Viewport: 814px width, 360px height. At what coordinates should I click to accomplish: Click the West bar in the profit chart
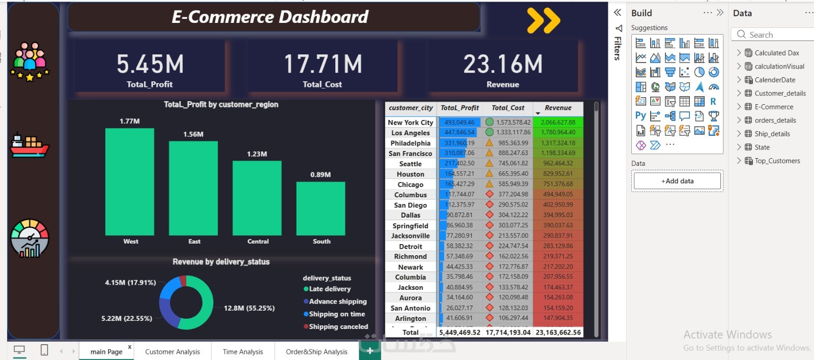(x=130, y=182)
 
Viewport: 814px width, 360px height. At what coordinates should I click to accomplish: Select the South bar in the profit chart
(x=321, y=208)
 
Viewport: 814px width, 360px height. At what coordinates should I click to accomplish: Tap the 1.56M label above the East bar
(x=193, y=134)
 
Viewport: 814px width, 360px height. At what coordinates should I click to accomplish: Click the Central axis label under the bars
(x=258, y=242)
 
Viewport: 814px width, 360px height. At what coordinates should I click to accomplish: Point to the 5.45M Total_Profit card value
(x=150, y=65)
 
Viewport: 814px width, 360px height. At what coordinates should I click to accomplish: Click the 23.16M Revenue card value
(x=503, y=65)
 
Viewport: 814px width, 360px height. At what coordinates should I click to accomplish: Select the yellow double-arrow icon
(x=543, y=21)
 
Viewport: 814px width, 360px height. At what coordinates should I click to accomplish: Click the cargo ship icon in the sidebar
(x=30, y=145)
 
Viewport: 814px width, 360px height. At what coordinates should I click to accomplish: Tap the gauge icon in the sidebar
(x=30, y=238)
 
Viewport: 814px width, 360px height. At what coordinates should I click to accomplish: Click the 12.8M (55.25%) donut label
(x=249, y=308)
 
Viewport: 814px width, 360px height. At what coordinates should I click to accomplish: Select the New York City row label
(x=411, y=123)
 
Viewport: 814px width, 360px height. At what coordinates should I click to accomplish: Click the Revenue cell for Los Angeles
(x=558, y=132)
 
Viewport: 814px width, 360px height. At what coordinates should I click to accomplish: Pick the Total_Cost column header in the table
(x=508, y=108)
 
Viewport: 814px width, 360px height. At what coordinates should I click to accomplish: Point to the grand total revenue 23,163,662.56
(x=558, y=333)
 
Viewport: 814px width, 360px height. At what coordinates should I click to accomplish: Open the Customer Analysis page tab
(x=172, y=351)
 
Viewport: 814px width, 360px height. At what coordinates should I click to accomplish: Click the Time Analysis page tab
(x=243, y=351)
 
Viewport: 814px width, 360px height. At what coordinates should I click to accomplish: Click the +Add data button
(x=677, y=181)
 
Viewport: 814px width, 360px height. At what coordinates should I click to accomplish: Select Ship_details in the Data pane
(x=772, y=134)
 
